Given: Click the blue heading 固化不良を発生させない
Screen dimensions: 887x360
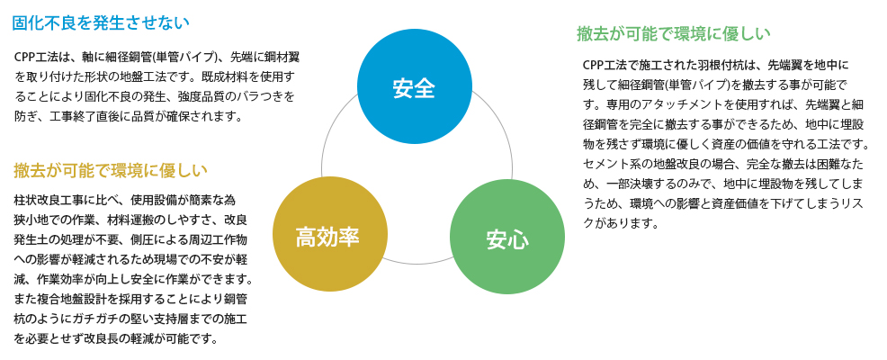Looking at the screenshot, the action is [100, 23].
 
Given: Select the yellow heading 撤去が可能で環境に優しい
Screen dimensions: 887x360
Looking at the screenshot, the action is [111, 170].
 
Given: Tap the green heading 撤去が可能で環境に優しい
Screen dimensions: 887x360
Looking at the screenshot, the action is [673, 34].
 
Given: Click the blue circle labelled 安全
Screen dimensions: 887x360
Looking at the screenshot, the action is [415, 86].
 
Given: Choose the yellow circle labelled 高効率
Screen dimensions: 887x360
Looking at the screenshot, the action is [330, 235].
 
